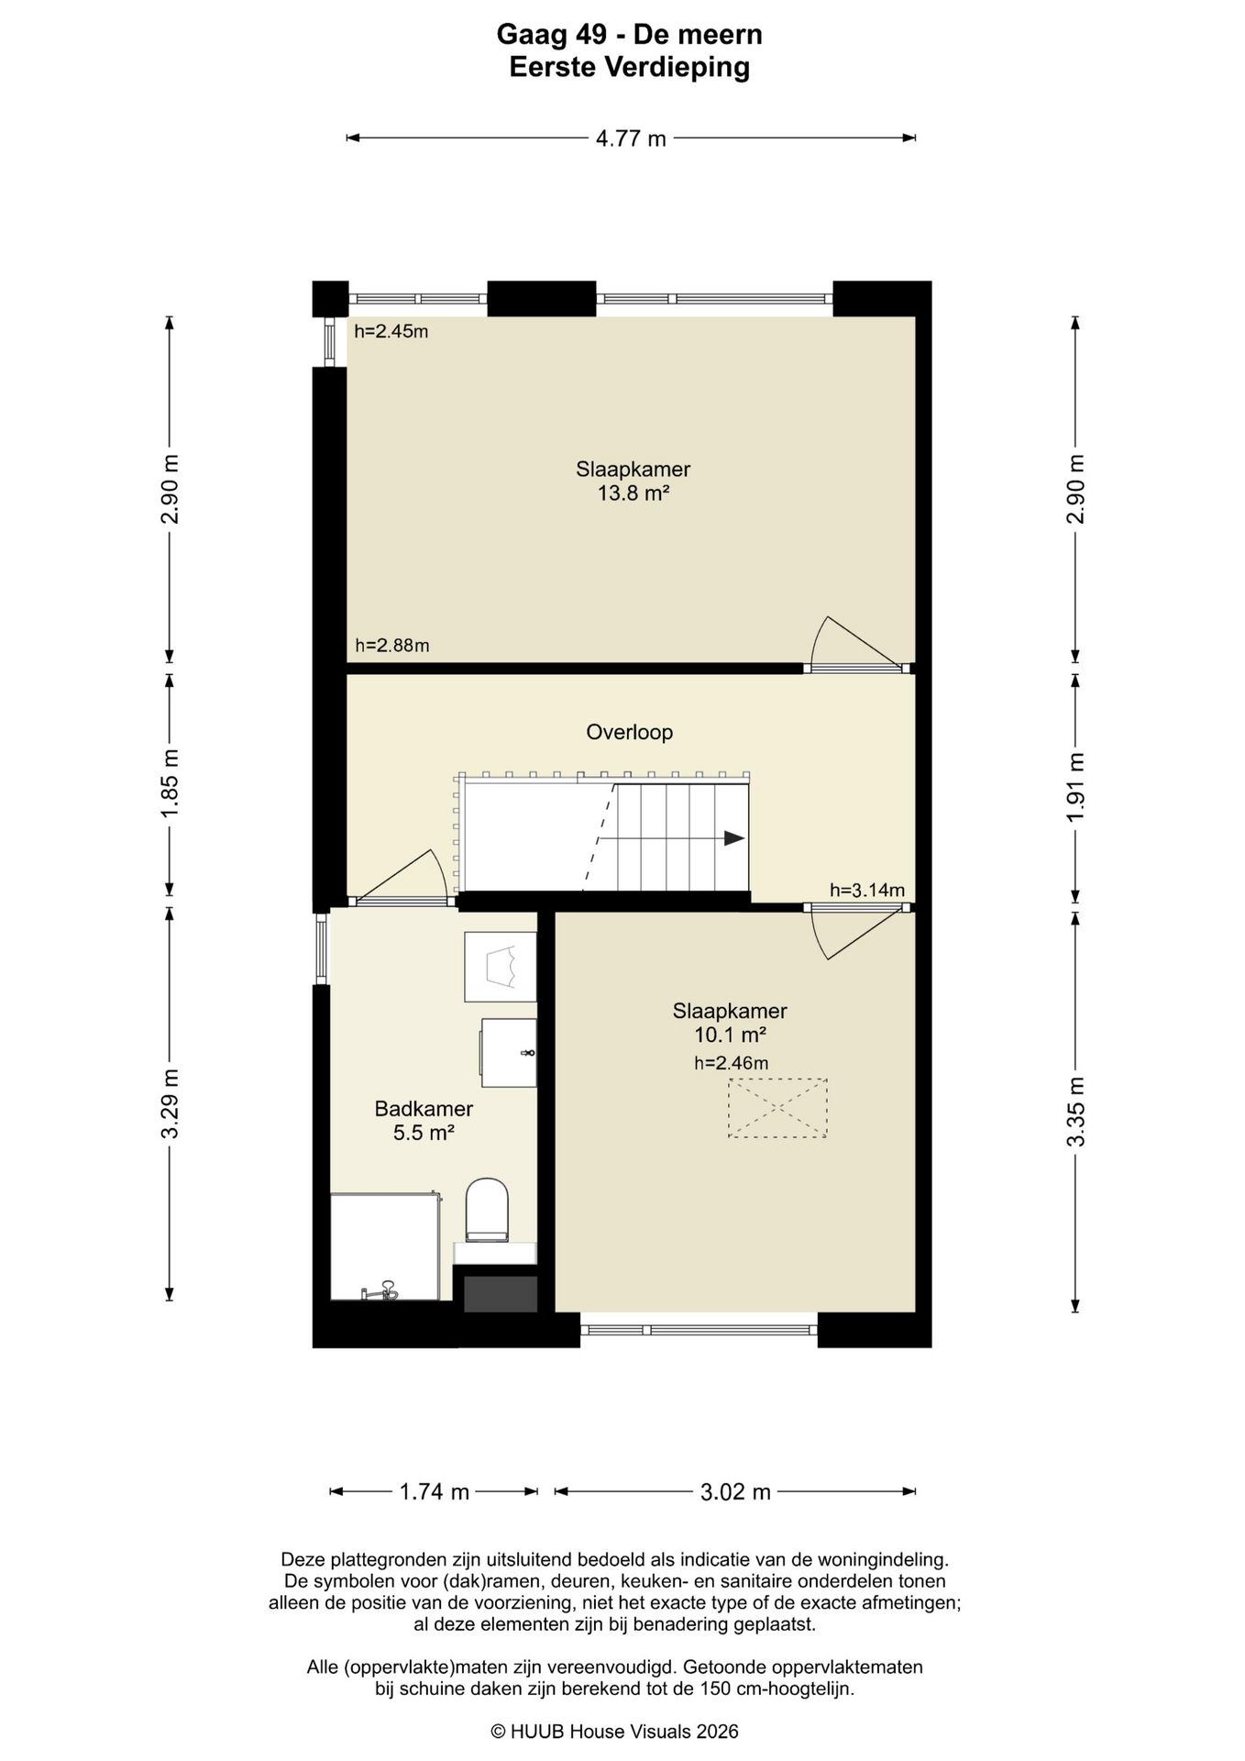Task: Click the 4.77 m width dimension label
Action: [631, 138]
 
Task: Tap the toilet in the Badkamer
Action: [487, 1210]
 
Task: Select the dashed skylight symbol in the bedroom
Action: [777, 1108]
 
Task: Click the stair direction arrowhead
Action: [734, 837]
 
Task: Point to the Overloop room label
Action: [630, 732]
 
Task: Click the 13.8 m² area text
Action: [633, 493]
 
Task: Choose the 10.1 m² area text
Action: [730, 1035]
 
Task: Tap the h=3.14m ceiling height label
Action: [867, 890]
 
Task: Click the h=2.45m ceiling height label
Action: [391, 331]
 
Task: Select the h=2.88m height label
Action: [392, 645]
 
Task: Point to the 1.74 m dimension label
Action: [435, 1492]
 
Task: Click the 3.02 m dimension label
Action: [736, 1492]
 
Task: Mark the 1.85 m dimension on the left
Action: [170, 785]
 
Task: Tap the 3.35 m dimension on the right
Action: [1075, 1111]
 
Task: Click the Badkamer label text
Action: [424, 1108]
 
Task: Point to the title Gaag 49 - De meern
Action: [630, 35]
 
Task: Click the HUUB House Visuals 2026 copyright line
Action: [614, 1732]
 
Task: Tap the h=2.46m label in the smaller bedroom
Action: [731, 1063]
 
